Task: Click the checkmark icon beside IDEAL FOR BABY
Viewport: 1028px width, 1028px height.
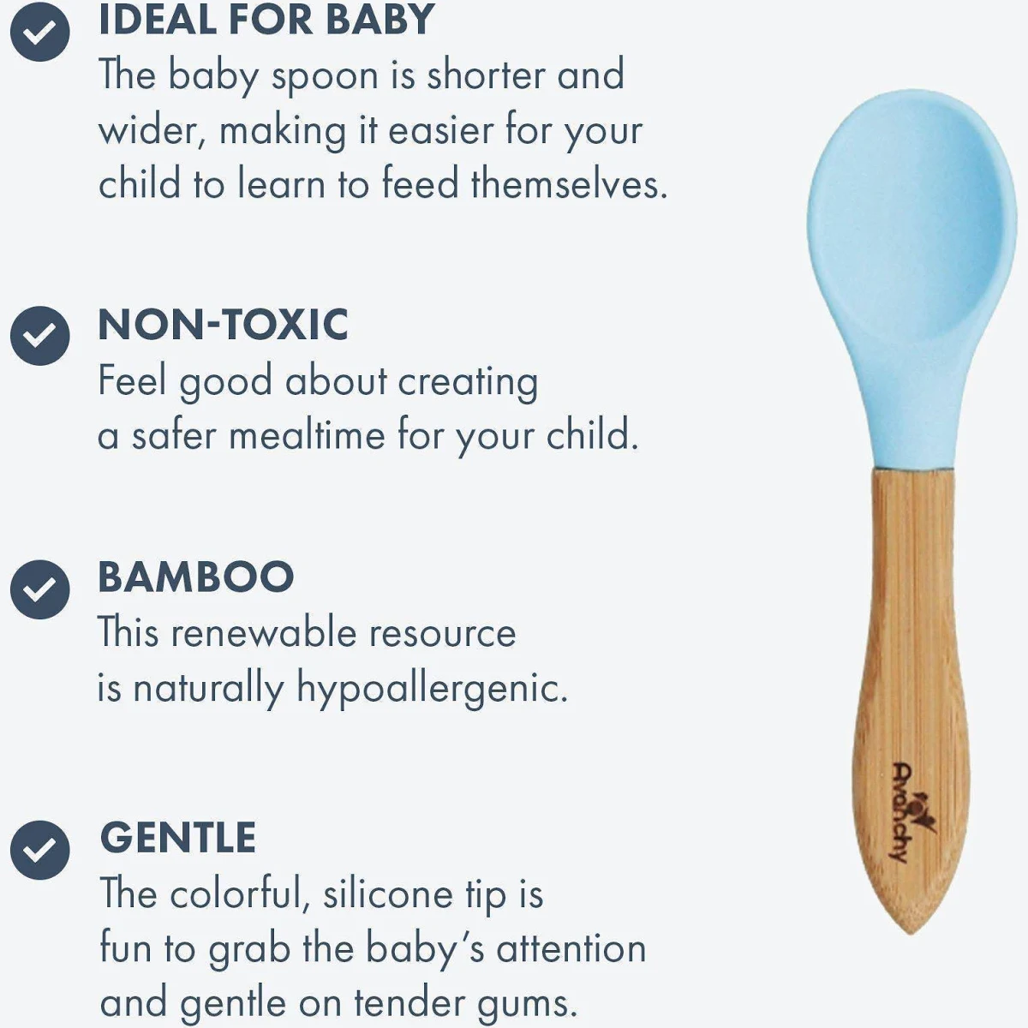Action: pyautogui.click(x=40, y=32)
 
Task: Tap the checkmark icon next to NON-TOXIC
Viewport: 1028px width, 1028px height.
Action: pyautogui.click(x=40, y=336)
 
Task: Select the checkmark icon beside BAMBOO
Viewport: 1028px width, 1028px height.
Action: pyautogui.click(x=40, y=589)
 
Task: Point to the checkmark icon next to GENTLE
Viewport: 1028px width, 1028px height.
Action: pyautogui.click(x=40, y=850)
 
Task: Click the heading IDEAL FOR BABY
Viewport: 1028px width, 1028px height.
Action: pyautogui.click(x=266, y=20)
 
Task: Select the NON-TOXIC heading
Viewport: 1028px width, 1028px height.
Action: pyautogui.click(x=224, y=325)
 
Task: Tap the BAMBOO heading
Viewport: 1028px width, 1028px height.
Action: pyautogui.click(x=196, y=577)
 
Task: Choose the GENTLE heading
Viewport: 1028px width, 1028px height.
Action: pyautogui.click(x=178, y=838)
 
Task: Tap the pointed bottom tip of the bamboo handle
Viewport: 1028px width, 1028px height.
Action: pyautogui.click(x=911, y=935)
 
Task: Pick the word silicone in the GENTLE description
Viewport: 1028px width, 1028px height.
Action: pyautogui.click(x=388, y=894)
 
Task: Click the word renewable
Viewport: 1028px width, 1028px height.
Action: pyautogui.click(x=264, y=633)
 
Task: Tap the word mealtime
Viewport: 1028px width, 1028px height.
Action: pyautogui.click(x=307, y=435)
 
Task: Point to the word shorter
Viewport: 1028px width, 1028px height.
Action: pyautogui.click(x=486, y=75)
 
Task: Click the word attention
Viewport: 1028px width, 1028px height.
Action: pyautogui.click(x=571, y=949)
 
